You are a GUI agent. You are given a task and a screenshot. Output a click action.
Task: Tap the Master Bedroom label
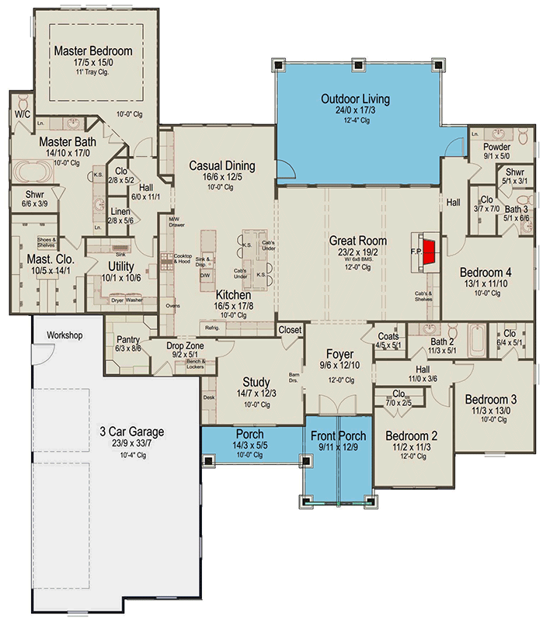93,51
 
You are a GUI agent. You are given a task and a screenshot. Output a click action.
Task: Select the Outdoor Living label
355,99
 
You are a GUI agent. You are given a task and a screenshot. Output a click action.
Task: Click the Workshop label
64,335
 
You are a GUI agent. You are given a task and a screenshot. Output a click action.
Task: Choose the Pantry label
128,340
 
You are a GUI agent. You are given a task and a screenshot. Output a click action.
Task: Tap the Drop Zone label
184,345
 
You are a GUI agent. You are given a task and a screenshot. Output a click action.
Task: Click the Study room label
256,382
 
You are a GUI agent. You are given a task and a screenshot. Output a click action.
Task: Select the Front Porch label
337,435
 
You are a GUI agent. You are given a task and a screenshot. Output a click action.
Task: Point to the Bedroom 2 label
412,435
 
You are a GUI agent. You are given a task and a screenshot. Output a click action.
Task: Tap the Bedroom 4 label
486,272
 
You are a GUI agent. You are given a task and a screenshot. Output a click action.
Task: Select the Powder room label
496,147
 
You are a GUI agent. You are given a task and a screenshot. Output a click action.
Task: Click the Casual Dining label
222,165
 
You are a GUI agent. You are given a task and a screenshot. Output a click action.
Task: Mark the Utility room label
122,266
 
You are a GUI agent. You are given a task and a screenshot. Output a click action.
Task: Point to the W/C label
22,114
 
